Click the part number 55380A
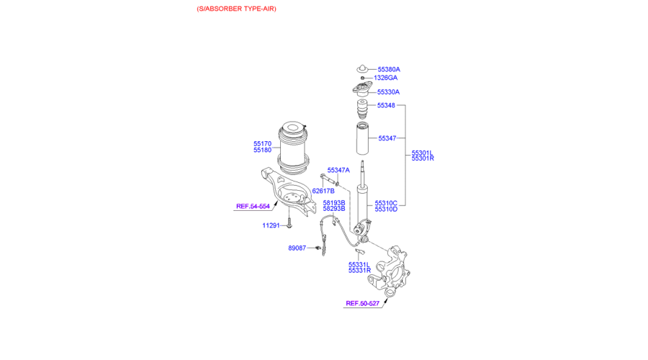coord(389,69)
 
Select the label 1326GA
coord(386,78)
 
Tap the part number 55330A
coord(388,92)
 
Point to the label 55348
coord(386,105)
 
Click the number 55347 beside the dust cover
coord(387,138)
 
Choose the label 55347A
coord(338,171)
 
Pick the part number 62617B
coord(323,191)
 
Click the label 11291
coord(271,225)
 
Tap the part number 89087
coord(297,248)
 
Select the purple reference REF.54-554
coord(253,206)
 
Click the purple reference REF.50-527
coord(362,303)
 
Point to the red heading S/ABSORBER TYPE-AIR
coord(236,9)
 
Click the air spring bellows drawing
coord(293,148)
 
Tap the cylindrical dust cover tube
coord(362,139)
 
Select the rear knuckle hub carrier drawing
coord(390,271)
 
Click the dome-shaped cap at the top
coord(362,68)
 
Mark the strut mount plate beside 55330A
coord(362,89)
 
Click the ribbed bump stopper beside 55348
coord(362,109)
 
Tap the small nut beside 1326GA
coord(362,78)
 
